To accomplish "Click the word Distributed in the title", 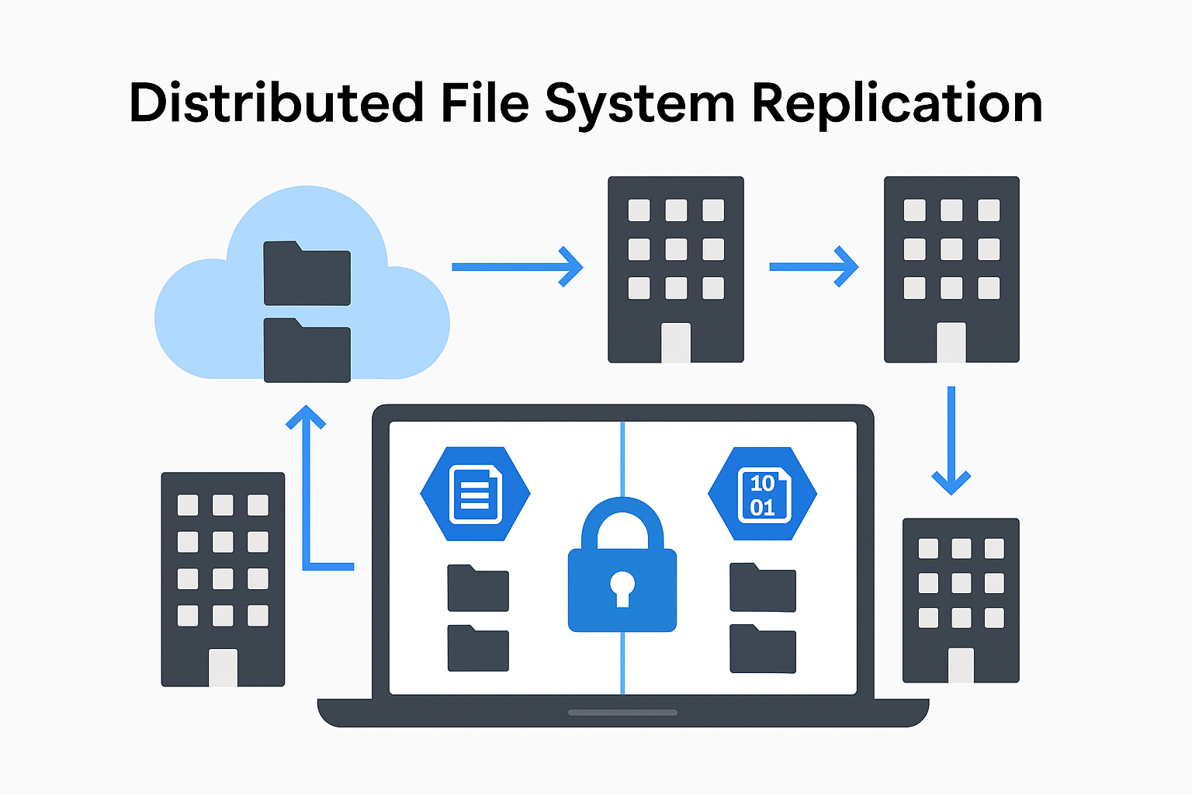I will [275, 104].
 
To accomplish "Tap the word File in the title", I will [484, 104].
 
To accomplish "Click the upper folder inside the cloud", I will [307, 275].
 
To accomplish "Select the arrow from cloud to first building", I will [517, 267].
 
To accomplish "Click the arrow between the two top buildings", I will [813, 267].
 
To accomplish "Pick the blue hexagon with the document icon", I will [475, 494].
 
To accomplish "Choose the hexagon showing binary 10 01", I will [762, 494].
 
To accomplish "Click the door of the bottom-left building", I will [223, 667].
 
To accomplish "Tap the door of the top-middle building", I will [675, 342].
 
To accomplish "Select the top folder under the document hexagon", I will [477, 588].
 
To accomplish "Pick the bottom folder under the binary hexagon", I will [762, 649].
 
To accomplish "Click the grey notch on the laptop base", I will [622, 712].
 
